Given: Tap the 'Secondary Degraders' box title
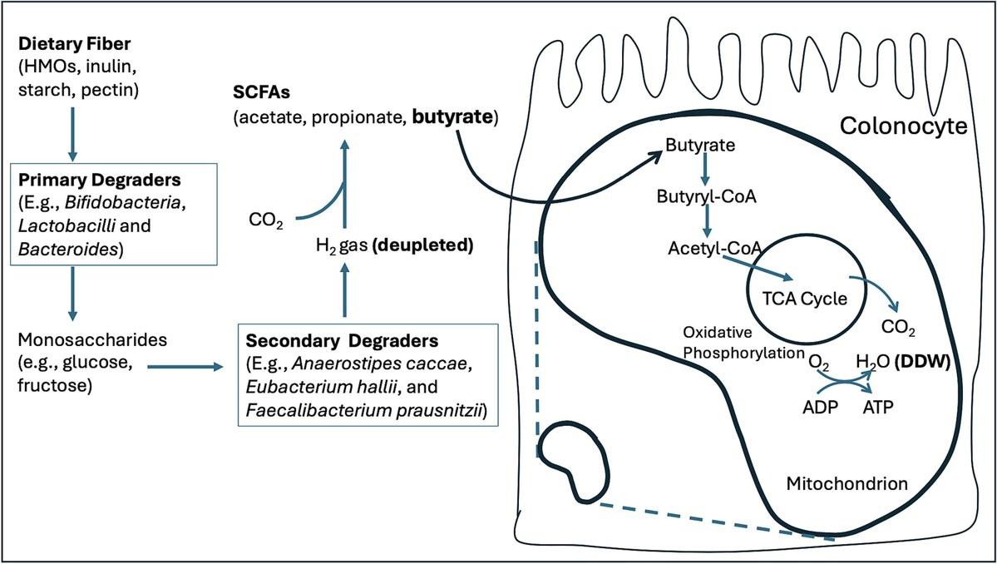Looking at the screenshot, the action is coord(342,341).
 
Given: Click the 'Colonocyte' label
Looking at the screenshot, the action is coord(904,126).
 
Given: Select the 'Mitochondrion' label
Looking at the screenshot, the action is coord(846,484).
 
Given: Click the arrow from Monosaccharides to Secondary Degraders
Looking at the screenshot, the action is coord(185,367).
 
